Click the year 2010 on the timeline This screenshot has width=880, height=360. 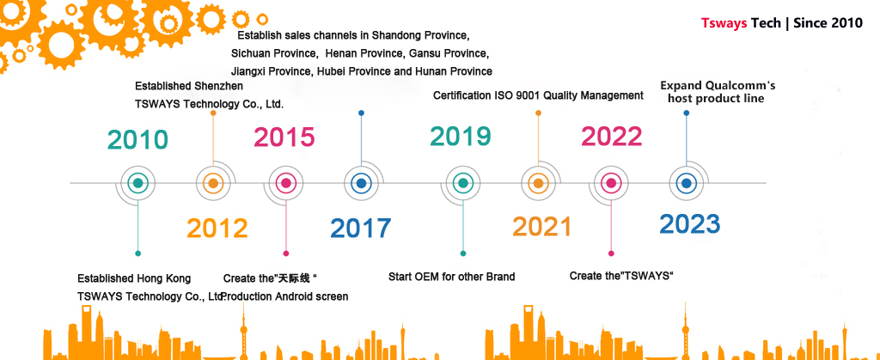(138, 140)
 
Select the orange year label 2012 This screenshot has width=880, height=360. (217, 229)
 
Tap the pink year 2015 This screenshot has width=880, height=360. (284, 137)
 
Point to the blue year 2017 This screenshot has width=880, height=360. (360, 229)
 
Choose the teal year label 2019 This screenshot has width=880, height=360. (461, 137)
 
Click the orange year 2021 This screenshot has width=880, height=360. (541, 227)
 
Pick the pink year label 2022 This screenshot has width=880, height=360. (612, 137)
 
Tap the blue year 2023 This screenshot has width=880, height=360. (690, 223)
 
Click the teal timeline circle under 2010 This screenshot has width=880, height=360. (138, 183)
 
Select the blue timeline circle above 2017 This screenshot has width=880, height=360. (362, 183)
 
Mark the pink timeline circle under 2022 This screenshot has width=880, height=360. (611, 183)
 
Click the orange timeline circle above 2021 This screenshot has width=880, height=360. (538, 183)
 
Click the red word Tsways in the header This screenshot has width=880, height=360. (724, 23)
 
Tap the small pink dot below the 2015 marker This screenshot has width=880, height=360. (286, 253)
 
